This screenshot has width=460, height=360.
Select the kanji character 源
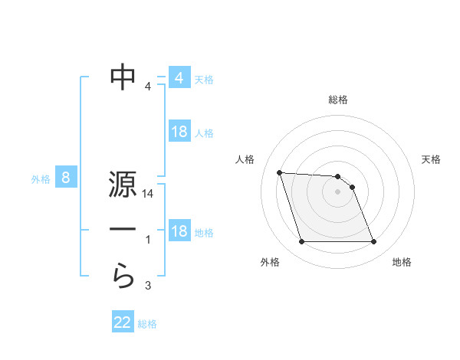[123, 186]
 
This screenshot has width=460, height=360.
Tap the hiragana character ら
[123, 276]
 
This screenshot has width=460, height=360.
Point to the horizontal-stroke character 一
[123, 229]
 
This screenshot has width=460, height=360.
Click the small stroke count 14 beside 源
[148, 195]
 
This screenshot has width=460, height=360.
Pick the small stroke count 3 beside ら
[148, 286]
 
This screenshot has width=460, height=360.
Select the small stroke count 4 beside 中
[148, 86]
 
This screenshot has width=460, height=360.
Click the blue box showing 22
[123, 322]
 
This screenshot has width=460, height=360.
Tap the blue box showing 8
[66, 178]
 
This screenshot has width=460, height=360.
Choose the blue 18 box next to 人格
[179, 132]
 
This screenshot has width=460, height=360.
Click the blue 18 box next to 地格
[179, 231]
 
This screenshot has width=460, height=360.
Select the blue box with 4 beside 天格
[179, 78]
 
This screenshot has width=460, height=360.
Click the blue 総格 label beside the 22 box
[147, 323]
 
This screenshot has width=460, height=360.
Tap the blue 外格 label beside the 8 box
[41, 179]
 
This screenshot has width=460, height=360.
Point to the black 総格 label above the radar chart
[337, 100]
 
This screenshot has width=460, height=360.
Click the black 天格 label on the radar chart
[432, 159]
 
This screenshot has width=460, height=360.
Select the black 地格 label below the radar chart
[402, 262]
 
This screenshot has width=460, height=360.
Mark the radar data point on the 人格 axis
[279, 172]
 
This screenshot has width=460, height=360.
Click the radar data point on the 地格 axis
[373, 242]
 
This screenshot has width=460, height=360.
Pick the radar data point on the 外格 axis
[301, 242]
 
